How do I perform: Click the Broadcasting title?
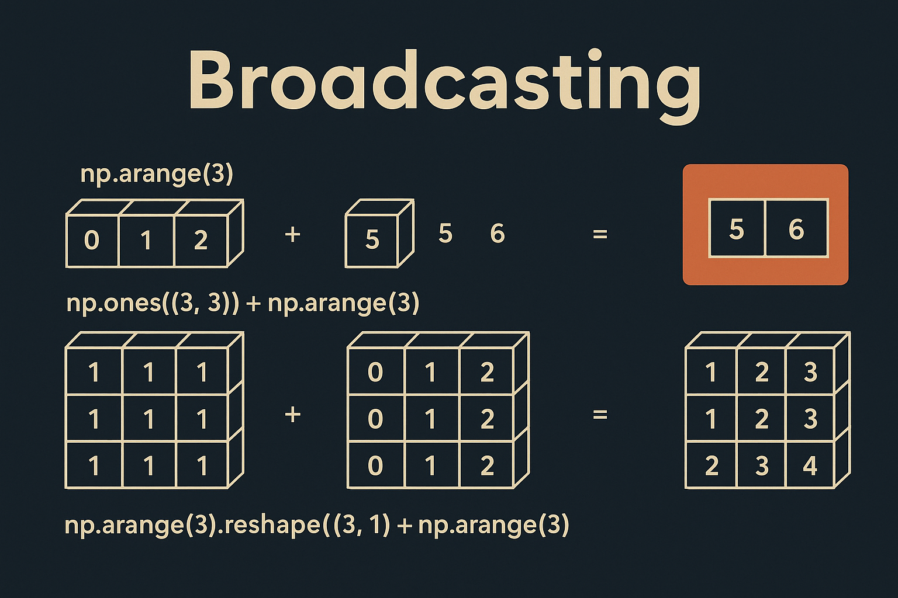click(x=444, y=82)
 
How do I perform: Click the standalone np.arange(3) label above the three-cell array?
click(x=157, y=174)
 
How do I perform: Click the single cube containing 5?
click(x=372, y=240)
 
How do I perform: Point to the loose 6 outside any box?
click(x=498, y=234)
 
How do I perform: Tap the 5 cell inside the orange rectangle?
click(x=737, y=229)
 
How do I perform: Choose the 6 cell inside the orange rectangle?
click(x=796, y=229)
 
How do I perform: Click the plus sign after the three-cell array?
click(x=292, y=235)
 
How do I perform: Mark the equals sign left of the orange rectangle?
click(x=600, y=235)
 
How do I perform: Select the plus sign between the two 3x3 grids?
click(x=292, y=415)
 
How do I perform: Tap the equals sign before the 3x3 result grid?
click(x=600, y=415)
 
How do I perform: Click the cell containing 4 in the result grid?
click(x=810, y=465)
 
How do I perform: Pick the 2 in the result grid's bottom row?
click(x=712, y=465)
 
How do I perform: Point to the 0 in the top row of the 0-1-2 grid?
click(x=375, y=372)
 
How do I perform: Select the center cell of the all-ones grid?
click(x=148, y=419)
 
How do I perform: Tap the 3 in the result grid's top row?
click(x=810, y=372)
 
